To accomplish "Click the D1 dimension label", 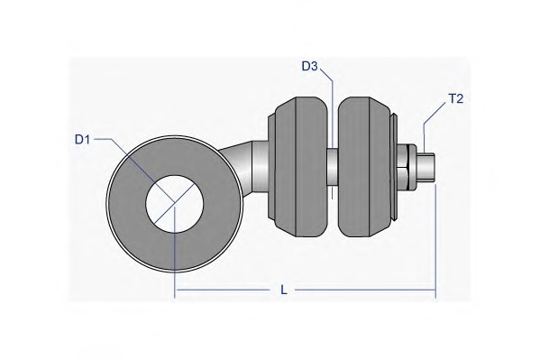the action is click(x=82, y=140).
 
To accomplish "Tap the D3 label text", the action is click(x=309, y=66).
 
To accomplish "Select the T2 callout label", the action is click(x=455, y=99).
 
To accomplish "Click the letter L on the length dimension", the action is click(x=283, y=290).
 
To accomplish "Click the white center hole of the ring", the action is click(x=175, y=204).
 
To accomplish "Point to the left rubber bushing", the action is click(x=297, y=167).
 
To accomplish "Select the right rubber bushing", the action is click(x=365, y=167).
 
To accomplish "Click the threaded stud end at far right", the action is click(x=427, y=167).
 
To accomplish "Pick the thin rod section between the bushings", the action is click(x=333, y=167).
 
